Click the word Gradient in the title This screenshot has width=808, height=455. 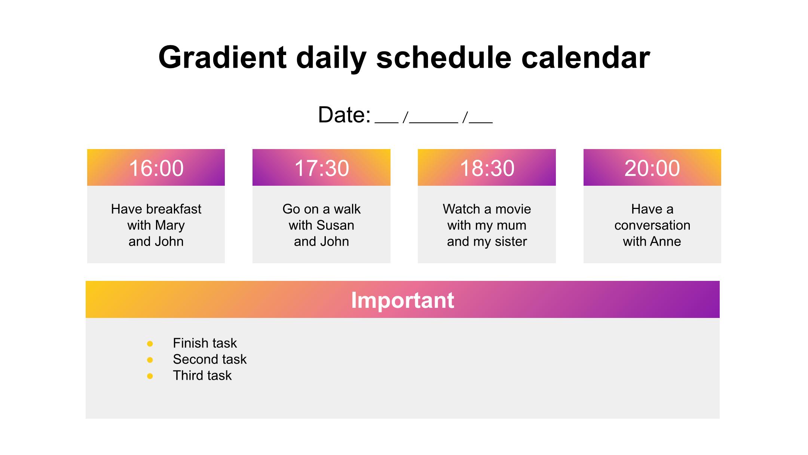tap(223, 57)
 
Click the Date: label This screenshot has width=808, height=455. tap(344, 115)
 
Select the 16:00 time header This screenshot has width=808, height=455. tap(156, 167)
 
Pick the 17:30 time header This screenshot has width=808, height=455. tap(321, 167)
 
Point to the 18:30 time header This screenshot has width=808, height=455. tap(487, 167)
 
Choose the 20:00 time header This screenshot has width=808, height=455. tap(652, 167)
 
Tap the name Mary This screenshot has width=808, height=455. tap(170, 225)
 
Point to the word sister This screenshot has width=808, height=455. tap(511, 242)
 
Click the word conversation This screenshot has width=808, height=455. tap(652, 225)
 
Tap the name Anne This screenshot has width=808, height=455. tap(665, 242)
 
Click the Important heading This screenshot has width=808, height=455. tap(403, 300)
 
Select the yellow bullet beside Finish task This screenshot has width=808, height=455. tap(150, 343)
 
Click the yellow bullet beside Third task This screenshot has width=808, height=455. tap(150, 376)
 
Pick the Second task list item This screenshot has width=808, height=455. tap(209, 360)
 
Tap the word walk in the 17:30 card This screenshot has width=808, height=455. tap(347, 209)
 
